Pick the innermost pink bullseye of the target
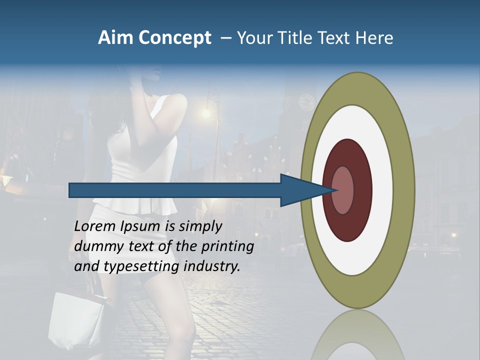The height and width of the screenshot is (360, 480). tap(343, 190)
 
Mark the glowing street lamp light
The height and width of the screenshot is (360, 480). tap(205, 113)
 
